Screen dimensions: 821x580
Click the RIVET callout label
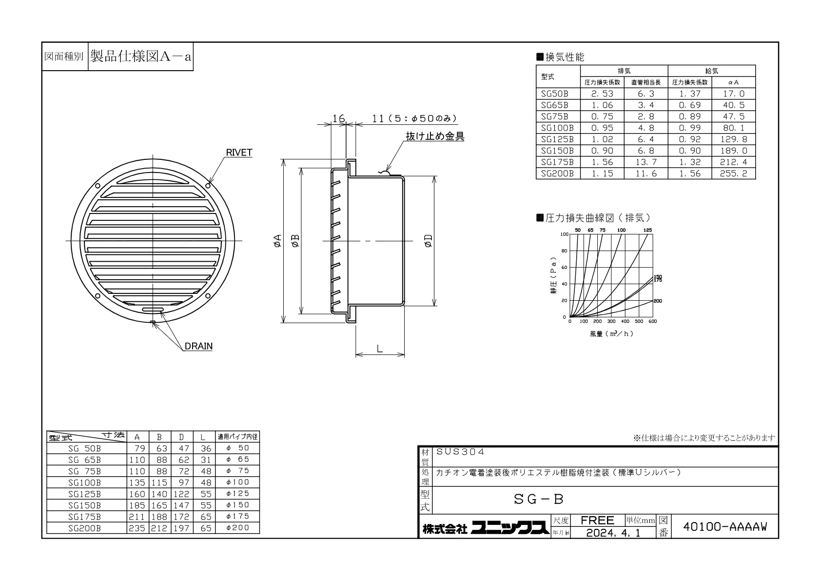click(239, 153)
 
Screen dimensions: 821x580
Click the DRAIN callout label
click(198, 346)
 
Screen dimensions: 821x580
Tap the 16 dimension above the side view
click(338, 118)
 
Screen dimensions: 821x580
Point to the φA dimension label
click(278, 241)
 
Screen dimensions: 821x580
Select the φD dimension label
click(428, 241)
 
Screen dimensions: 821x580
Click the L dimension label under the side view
click(380, 349)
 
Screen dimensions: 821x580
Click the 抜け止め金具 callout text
click(435, 136)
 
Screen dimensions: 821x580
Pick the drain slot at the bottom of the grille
click(153, 310)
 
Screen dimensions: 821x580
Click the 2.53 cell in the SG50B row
click(602, 94)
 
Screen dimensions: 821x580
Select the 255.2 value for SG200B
click(733, 174)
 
